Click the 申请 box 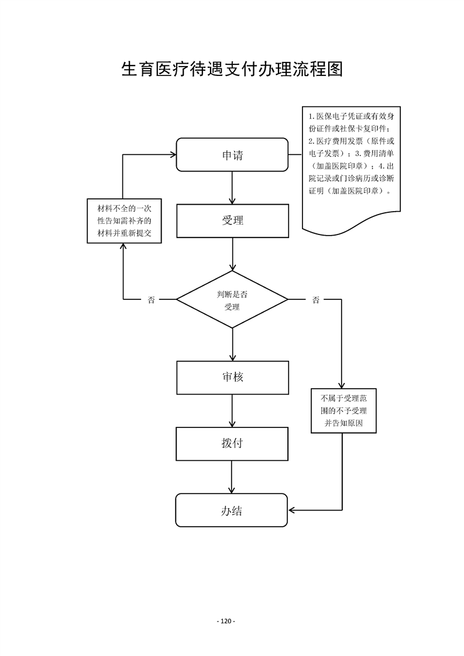click(232, 155)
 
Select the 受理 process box click(232, 220)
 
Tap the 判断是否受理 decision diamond click(232, 300)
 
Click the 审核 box click(232, 377)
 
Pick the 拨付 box click(232, 443)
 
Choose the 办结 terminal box click(232, 510)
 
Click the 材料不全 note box click(123, 221)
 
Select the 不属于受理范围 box click(343, 410)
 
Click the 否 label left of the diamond click(152, 300)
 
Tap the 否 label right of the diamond click(315, 300)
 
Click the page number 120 click(226, 621)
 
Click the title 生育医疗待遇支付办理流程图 click(232, 70)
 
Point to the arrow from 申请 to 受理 click(233, 187)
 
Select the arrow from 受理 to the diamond click(233, 254)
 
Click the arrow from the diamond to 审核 click(233, 344)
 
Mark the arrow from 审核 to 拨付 click(233, 410)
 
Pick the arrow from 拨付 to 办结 click(233, 477)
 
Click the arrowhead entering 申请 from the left click(173, 155)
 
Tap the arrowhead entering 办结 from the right click(291, 510)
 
